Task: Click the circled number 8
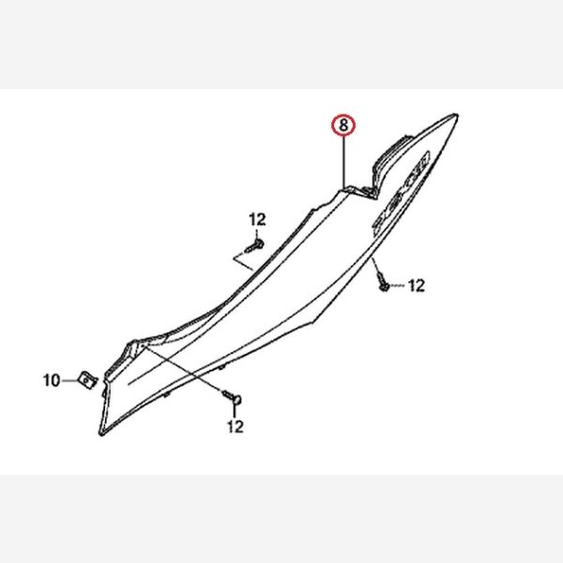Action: pos(345,124)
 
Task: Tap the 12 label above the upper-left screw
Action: pos(257,220)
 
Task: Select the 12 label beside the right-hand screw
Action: pos(415,283)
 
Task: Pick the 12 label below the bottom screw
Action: pos(235,427)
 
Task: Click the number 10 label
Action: pos(52,380)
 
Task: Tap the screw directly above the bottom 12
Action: pos(234,401)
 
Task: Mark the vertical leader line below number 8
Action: pos(345,160)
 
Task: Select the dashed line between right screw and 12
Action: pos(397,283)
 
